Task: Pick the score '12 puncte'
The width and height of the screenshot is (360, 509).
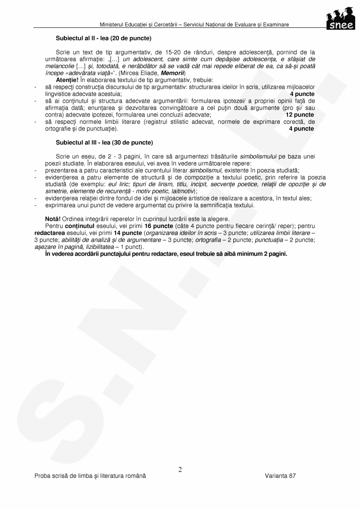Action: point(300,115)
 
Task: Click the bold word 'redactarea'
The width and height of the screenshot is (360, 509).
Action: point(49,232)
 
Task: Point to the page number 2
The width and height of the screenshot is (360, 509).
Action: point(180,470)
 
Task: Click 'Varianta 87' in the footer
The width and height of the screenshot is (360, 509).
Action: point(280,475)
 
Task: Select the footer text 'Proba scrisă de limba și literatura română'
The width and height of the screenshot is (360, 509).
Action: point(90,475)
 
